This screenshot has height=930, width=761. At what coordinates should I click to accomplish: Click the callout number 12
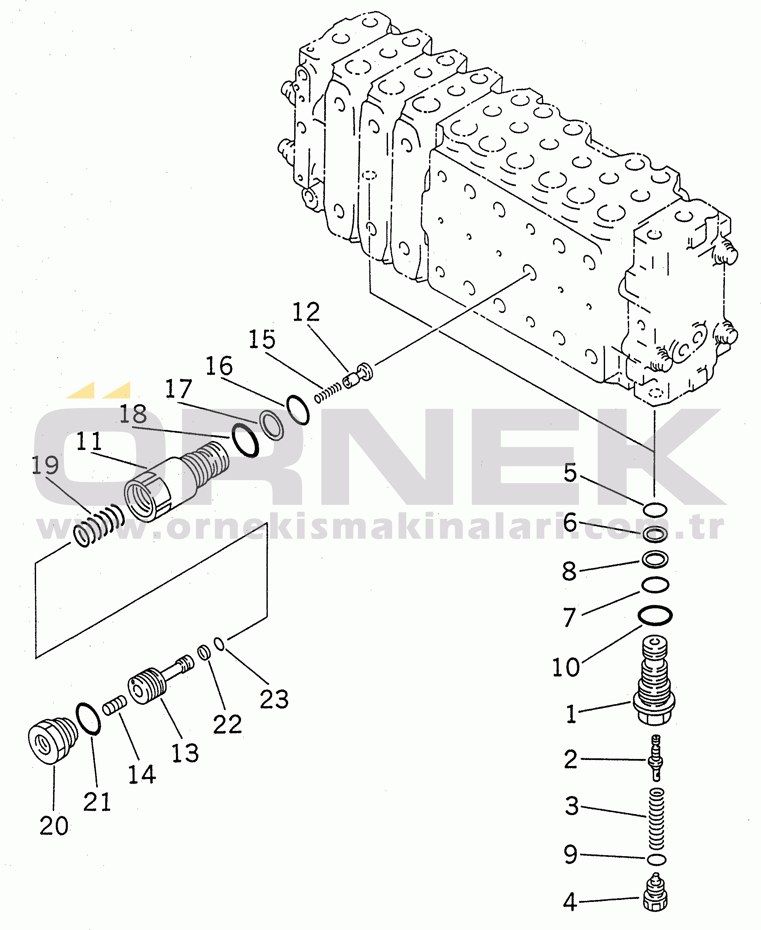pyautogui.click(x=306, y=312)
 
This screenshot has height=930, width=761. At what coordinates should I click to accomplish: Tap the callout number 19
pyautogui.click(x=45, y=465)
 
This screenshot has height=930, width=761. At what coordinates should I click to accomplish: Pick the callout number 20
pyautogui.click(x=54, y=826)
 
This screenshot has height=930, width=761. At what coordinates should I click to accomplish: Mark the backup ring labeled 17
pyautogui.click(x=272, y=425)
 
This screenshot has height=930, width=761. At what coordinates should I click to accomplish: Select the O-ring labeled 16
pyautogui.click(x=298, y=410)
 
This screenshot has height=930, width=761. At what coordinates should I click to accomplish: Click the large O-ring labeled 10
pyautogui.click(x=655, y=615)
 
